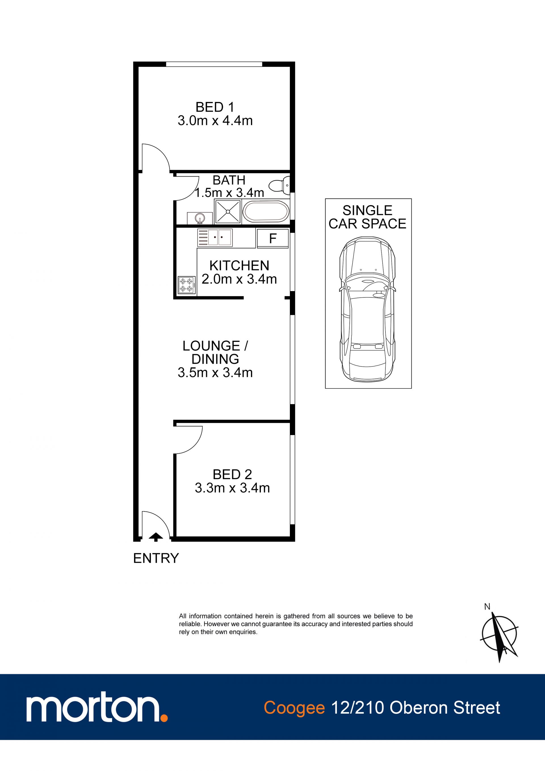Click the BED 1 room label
click(x=215, y=107)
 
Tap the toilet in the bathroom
click(x=279, y=185)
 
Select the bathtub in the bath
click(x=265, y=212)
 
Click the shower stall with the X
click(x=228, y=212)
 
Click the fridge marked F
click(x=272, y=239)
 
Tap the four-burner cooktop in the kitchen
click(x=186, y=285)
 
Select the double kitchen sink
click(x=215, y=237)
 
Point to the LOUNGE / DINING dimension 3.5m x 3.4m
click(x=215, y=372)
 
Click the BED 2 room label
click(x=232, y=474)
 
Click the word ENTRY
click(x=156, y=558)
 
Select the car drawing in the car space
click(x=368, y=309)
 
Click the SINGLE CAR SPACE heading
click(x=368, y=217)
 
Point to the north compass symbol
click(x=499, y=635)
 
